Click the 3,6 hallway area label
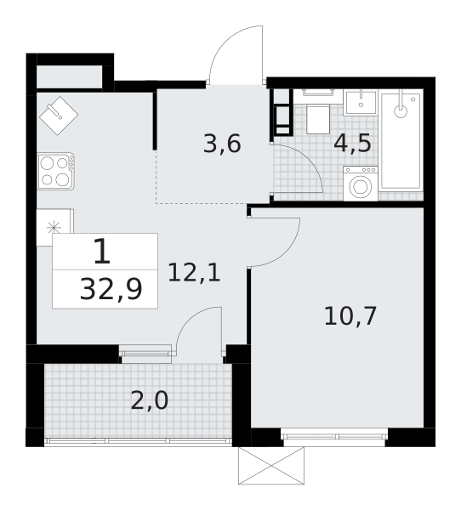222,144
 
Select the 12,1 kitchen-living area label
194,273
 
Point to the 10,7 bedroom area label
350,315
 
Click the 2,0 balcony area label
149,399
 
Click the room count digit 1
101,252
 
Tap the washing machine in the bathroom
361,184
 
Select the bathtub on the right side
401,140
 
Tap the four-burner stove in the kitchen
54,170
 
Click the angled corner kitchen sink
59,113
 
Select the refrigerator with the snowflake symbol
54,227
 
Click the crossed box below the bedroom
270,466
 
